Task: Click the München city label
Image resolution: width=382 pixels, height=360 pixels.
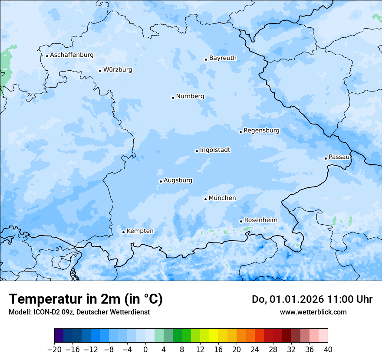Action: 222,198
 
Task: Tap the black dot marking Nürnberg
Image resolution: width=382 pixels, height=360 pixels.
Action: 173,98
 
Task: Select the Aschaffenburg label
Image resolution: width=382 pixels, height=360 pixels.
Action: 72,55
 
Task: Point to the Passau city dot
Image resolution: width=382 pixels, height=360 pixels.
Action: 326,158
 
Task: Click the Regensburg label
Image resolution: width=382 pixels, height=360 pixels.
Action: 261,131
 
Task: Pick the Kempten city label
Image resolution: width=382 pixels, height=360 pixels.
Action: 140,231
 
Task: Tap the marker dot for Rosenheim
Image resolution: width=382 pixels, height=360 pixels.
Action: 241,221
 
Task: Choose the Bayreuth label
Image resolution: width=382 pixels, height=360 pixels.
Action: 223,58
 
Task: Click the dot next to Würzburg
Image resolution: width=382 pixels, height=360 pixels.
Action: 100,71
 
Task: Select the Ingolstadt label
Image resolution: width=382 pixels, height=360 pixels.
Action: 215,150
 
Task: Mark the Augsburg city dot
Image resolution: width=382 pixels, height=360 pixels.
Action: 161,181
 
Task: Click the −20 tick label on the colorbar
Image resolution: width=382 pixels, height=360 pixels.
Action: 54,350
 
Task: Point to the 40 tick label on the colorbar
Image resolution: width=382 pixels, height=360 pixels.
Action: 328,350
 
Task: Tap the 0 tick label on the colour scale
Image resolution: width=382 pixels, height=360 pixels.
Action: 145,350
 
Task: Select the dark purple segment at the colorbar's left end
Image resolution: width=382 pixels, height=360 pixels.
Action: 59,336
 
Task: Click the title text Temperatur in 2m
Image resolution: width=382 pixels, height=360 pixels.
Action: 65,299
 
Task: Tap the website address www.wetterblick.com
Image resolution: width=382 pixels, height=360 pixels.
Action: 313,312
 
